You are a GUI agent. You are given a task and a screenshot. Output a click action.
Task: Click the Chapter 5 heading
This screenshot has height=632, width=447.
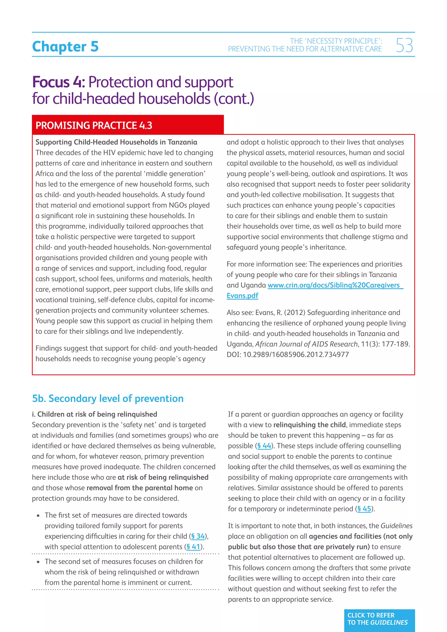(65, 46)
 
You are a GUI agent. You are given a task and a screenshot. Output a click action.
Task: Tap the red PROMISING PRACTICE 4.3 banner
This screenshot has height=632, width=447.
(128, 125)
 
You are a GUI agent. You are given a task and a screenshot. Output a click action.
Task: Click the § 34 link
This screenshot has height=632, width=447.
(198, 536)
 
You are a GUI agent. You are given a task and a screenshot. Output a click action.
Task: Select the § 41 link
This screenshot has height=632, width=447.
(193, 547)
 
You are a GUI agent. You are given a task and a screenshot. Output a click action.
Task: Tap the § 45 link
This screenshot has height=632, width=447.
(364, 509)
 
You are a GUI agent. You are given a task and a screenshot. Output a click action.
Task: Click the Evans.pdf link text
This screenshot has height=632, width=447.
(242, 296)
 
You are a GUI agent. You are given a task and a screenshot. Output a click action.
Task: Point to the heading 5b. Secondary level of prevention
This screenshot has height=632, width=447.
(108, 398)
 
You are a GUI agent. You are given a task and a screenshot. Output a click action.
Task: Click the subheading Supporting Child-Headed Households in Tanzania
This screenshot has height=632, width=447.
(116, 142)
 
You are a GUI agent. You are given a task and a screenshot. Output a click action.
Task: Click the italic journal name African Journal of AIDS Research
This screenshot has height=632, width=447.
(306, 344)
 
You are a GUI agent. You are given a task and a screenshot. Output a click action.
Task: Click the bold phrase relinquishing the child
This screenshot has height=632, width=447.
(309, 425)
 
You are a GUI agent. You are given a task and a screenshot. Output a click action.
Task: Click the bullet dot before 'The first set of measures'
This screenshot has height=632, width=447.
(38, 515)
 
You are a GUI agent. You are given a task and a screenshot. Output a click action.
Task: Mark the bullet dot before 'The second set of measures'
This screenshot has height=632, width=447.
(38, 562)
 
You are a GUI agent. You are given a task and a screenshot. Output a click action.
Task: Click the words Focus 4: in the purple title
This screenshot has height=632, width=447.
(59, 82)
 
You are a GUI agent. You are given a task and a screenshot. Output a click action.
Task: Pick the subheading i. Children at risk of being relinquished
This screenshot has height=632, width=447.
(95, 414)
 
